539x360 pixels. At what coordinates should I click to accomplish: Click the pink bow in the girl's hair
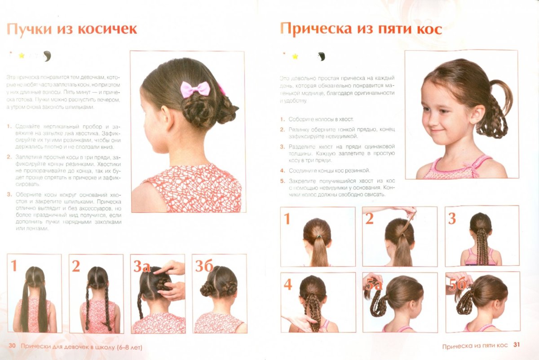tap(195, 89)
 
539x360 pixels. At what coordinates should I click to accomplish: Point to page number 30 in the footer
tap(13, 347)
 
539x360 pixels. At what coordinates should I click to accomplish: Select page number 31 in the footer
tap(517, 345)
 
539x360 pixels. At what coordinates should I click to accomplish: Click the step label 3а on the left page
tap(141, 266)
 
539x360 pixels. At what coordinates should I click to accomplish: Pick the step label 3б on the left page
tap(203, 266)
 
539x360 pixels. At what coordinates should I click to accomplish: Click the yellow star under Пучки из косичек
tap(21, 56)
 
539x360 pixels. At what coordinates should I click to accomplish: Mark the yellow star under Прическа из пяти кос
tap(295, 56)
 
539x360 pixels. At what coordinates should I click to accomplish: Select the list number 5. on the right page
tap(283, 181)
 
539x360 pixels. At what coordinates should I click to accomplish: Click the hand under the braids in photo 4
tap(299, 322)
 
